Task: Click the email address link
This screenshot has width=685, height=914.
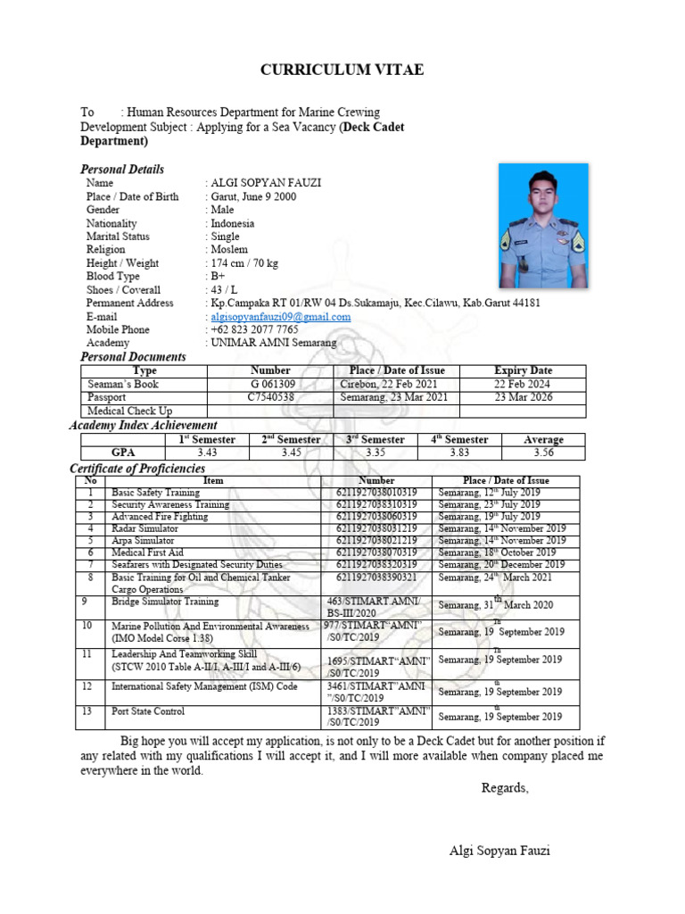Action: point(280,316)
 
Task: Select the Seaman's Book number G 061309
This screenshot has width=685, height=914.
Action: point(270,384)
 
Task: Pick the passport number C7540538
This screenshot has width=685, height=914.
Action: point(270,397)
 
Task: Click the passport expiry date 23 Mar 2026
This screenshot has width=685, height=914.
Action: point(523,397)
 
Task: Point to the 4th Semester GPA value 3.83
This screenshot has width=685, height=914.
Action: point(460,453)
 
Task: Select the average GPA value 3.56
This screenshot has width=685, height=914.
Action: point(543,453)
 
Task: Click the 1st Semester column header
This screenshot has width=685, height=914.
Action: point(207,439)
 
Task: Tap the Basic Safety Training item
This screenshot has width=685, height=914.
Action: point(155,493)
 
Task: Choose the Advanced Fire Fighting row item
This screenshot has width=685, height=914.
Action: point(160,517)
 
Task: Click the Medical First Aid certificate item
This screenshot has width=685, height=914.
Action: point(148,553)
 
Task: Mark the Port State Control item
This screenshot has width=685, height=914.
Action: point(148,711)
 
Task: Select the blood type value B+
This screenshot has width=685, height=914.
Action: point(219,277)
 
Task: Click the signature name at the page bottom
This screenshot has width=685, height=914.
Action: point(499,851)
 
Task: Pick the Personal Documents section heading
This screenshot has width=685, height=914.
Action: point(133,357)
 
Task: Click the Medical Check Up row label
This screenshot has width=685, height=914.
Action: point(129,411)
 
